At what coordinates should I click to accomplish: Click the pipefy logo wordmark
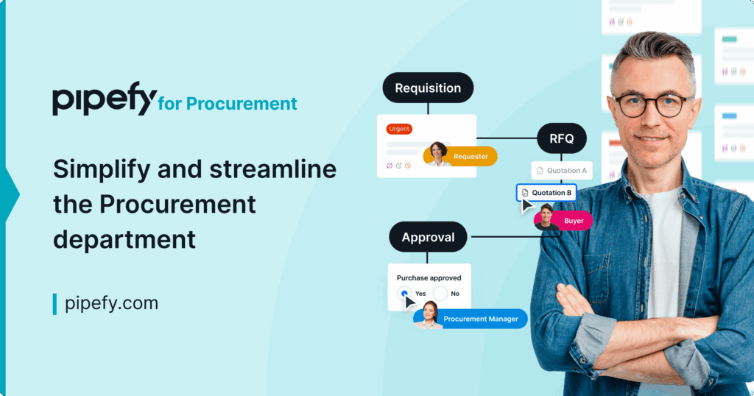pos(105,99)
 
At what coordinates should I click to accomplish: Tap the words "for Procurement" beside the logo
pos(228,103)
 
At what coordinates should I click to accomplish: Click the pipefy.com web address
pos(112,303)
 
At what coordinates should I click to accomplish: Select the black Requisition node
pos(428,88)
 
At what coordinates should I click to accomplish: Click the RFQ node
pos(562,138)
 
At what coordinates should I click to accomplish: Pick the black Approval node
pos(428,237)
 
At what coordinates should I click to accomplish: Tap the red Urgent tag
pos(399,129)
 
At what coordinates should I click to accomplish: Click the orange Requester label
pos(471,156)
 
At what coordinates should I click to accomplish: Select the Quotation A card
pos(562,171)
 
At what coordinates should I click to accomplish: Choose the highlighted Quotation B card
pos(547,193)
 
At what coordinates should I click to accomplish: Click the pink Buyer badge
pos(573,221)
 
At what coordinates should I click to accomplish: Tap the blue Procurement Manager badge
pos(480,319)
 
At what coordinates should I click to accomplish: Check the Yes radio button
pos(404,293)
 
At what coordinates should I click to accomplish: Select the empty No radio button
pos(440,293)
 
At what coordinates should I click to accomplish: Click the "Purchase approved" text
pos(429,277)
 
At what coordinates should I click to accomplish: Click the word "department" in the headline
pos(124,239)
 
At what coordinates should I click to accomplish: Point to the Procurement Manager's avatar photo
pos(429,315)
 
